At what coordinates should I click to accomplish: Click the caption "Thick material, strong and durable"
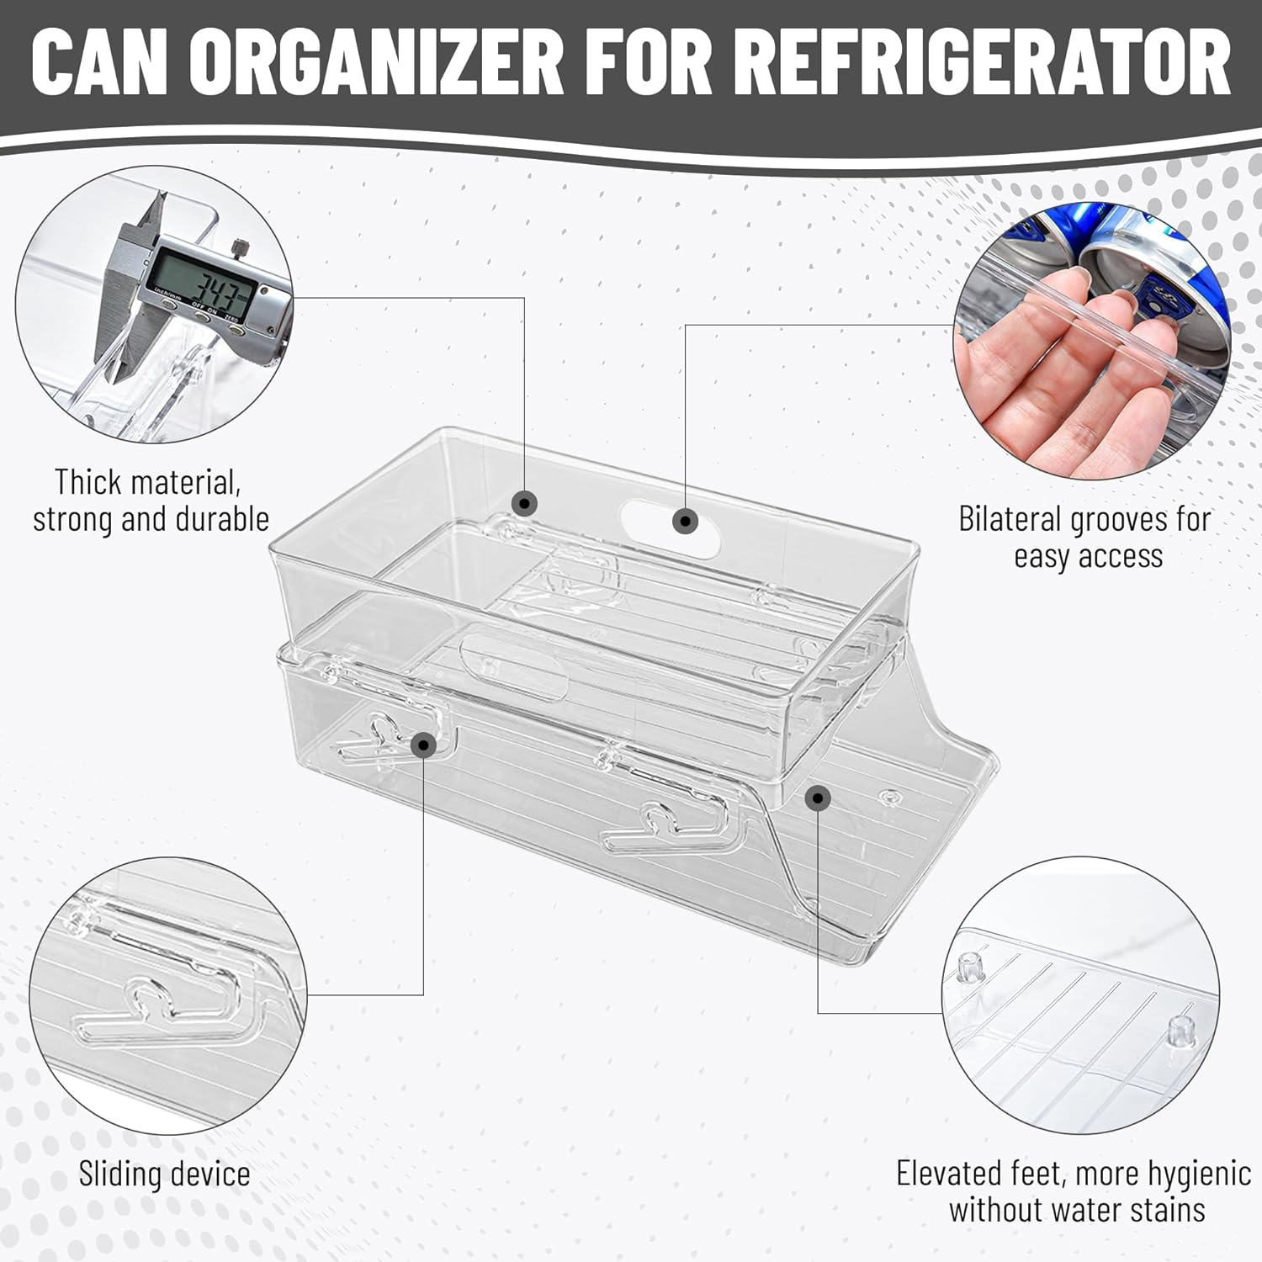151,501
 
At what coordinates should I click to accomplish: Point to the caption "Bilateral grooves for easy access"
1084,537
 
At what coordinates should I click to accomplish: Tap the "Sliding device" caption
164,1174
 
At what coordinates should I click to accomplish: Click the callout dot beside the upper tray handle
686,522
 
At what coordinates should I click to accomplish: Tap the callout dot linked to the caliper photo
525,503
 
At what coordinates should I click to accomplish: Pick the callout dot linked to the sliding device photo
423,744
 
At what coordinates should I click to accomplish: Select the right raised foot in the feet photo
1182,1031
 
